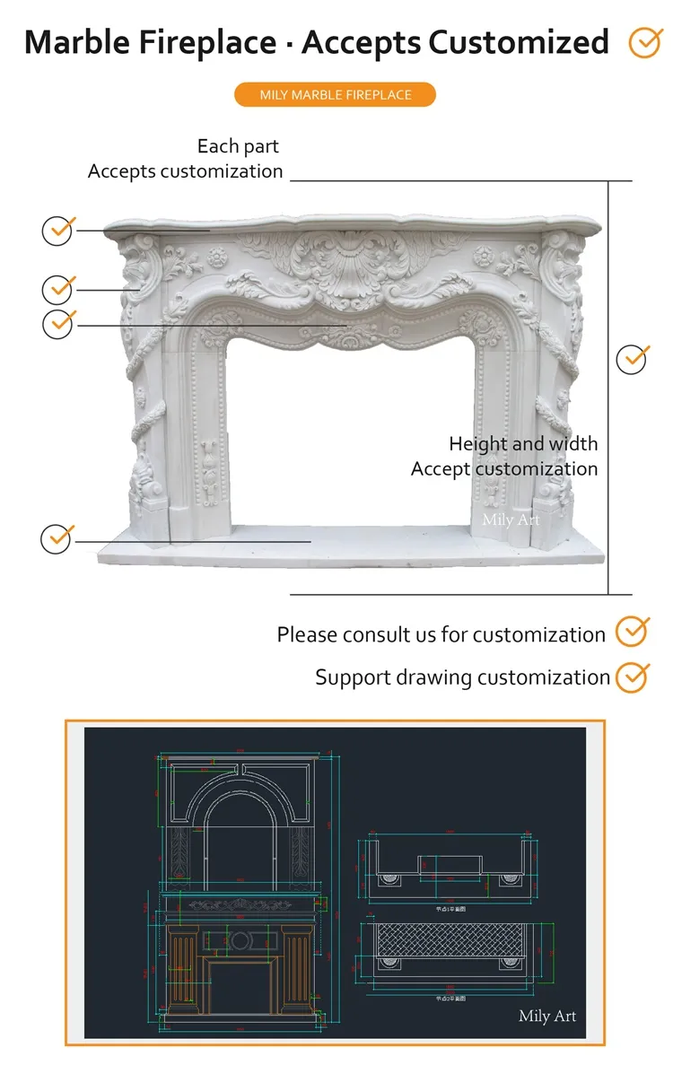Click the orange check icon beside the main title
click(644, 42)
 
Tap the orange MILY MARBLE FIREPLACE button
click(335, 95)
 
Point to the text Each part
click(238, 146)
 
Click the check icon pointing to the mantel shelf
click(58, 231)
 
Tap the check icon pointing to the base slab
click(58, 538)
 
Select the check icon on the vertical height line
click(633, 359)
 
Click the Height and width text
click(523, 443)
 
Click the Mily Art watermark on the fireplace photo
click(511, 519)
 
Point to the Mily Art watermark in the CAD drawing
click(546, 1016)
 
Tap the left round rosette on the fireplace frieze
click(217, 258)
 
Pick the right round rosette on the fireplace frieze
click(485, 258)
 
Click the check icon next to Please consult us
click(633, 632)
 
